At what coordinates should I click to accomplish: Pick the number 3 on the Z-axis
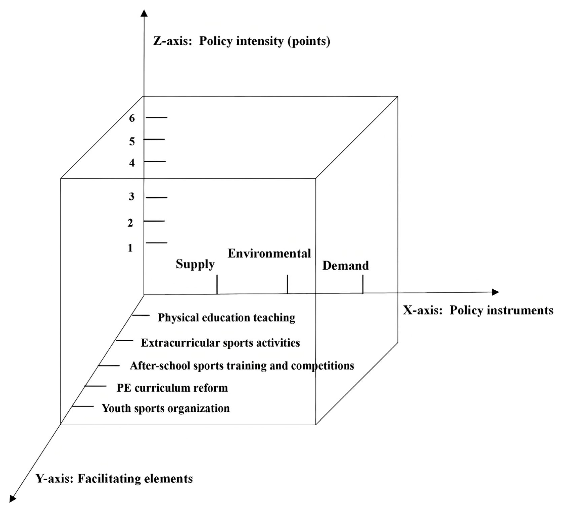[x=131, y=197]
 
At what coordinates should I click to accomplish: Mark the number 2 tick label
[x=130, y=223]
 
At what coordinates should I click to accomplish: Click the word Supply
[x=195, y=264]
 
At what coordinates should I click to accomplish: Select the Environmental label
[x=269, y=254]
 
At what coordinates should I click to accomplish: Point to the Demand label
[x=345, y=266]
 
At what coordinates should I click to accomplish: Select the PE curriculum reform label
[x=172, y=388]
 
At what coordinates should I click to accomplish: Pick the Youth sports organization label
[x=166, y=408]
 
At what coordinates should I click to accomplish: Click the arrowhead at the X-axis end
[x=495, y=292]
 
